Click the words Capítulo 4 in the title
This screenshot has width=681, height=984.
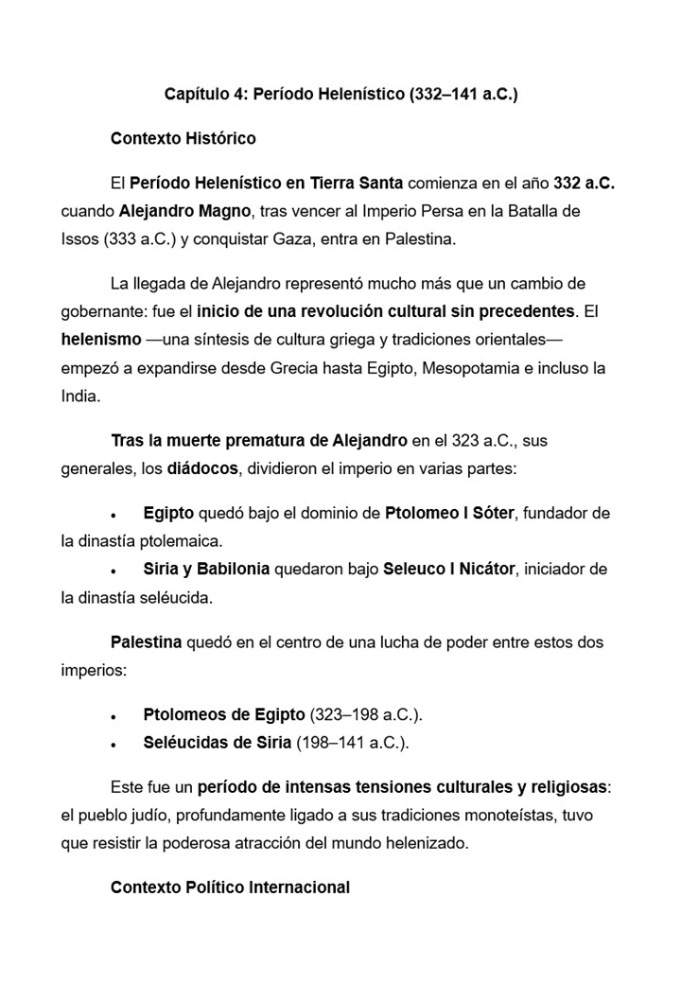[201, 95]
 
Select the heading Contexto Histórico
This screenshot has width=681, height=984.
[183, 138]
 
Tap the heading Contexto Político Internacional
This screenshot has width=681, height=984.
[230, 887]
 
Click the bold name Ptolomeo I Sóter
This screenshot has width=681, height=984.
[449, 513]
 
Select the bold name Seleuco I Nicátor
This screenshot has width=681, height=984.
[449, 569]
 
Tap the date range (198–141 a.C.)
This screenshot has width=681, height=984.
[353, 743]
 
